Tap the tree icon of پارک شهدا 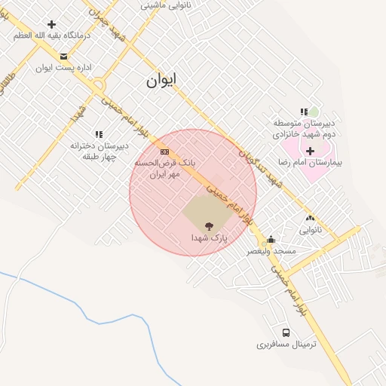coord(209,225)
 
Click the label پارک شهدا coord(209,237)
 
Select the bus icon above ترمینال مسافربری coord(286,332)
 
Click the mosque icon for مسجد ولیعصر coord(271,239)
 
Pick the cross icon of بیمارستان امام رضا coord(310,151)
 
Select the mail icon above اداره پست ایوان coord(63,56)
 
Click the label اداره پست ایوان coord(63,68)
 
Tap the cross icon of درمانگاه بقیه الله coord(51,24)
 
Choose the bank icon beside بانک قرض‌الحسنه coord(164,151)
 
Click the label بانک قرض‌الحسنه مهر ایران coord(164,168)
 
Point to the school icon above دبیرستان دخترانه coord(99,134)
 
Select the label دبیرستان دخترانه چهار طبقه coord(99,151)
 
